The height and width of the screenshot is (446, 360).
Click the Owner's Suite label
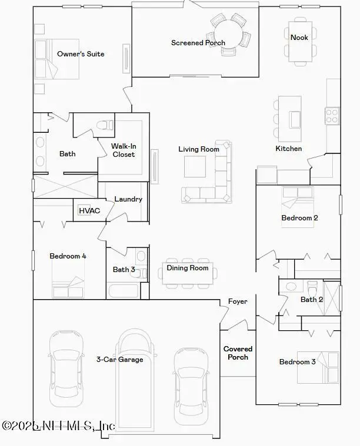click(x=81, y=54)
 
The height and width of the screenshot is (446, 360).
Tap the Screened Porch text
click(x=198, y=43)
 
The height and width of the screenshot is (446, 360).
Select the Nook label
click(x=299, y=38)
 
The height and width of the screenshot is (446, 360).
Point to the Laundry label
click(x=128, y=199)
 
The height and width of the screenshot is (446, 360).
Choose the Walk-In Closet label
click(x=124, y=150)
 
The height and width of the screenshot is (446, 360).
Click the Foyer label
click(x=238, y=301)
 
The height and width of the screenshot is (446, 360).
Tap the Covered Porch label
click(x=238, y=353)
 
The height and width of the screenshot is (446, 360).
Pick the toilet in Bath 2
click(x=312, y=289)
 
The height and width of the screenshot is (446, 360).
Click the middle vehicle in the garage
click(x=136, y=382)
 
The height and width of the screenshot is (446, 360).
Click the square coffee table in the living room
click(x=195, y=167)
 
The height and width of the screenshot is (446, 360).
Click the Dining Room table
click(x=188, y=273)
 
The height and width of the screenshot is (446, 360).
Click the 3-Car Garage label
click(x=119, y=360)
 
